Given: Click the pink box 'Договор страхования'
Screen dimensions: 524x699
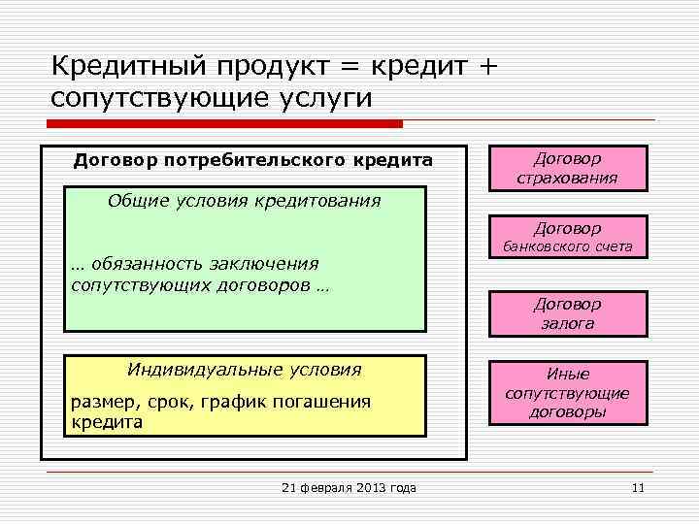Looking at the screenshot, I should point(567,168).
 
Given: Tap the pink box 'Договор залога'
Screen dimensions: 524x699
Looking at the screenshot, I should point(567,313).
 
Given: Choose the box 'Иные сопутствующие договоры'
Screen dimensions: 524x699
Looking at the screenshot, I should point(567,393).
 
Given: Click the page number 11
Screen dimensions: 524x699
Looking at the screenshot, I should point(638,487).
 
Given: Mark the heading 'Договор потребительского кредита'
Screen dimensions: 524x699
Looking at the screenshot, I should point(253,160).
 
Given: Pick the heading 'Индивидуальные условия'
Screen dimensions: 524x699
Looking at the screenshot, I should point(244,370).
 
